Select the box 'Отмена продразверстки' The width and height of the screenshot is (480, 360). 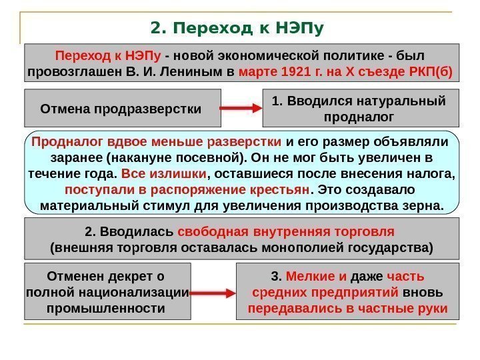[121, 108]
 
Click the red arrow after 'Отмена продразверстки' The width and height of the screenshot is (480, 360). [241, 108]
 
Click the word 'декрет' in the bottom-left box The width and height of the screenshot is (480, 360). [130, 276]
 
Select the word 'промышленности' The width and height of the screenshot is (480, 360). [107, 309]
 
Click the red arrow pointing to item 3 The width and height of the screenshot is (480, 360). [213, 292]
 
